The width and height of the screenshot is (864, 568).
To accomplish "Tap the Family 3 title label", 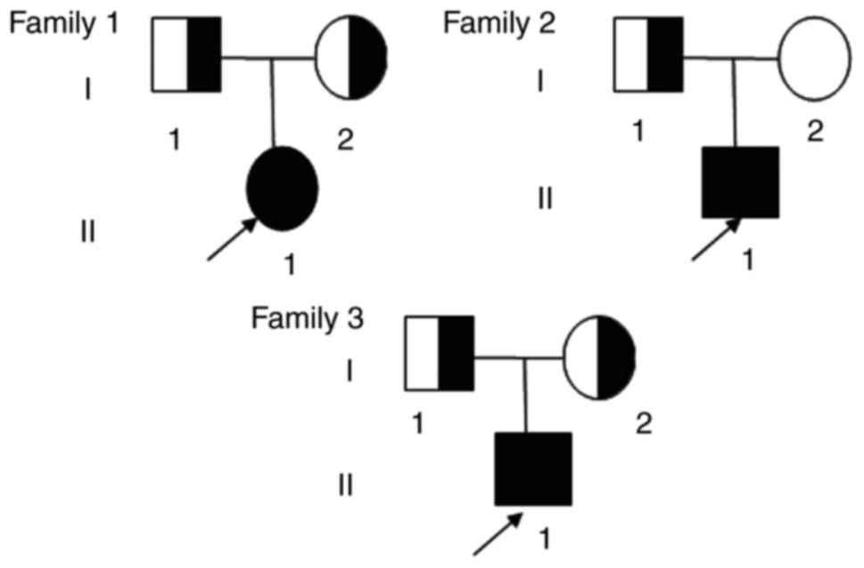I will [307, 317].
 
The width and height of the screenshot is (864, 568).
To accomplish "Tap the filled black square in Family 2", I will [741, 183].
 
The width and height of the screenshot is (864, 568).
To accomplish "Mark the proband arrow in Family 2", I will [714, 240].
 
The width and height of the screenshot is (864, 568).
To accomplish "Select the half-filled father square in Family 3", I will [440, 354].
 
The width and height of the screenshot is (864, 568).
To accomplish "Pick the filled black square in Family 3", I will [533, 468].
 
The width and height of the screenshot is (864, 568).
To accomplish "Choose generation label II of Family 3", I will [347, 486].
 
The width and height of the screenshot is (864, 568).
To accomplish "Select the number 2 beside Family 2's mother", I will [814, 133].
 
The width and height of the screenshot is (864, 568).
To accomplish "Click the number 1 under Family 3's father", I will [418, 423].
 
